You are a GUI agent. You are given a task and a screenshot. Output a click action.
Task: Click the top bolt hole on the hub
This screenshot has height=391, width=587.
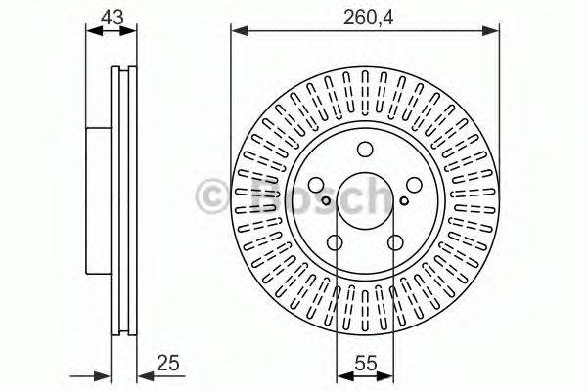365,150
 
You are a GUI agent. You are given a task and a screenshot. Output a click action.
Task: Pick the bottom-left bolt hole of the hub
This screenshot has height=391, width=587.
335,243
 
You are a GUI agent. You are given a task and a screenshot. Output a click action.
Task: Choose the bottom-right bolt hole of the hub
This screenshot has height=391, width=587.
395,243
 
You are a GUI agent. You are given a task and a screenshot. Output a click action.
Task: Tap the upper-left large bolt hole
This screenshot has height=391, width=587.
316,186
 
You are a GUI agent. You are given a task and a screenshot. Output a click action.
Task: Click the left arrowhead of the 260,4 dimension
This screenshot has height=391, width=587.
236,32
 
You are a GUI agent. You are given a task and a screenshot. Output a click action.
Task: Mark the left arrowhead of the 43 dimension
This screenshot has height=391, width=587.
91,32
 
